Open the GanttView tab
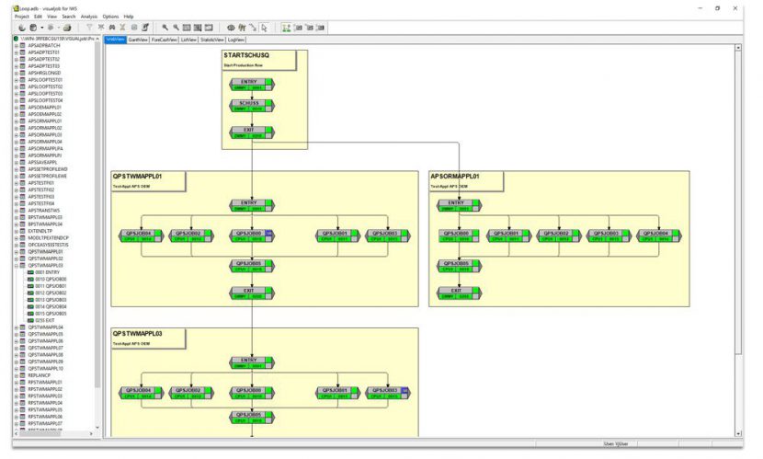pyautogui.click(x=138, y=40)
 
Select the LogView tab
pyautogui.click(x=236, y=40)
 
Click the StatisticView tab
pyautogui.click(x=211, y=40)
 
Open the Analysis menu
pyautogui.click(x=89, y=17)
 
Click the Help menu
pyautogui.click(x=129, y=17)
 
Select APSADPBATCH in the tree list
pyautogui.click(x=44, y=45)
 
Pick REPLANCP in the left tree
pyautogui.click(x=40, y=375)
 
